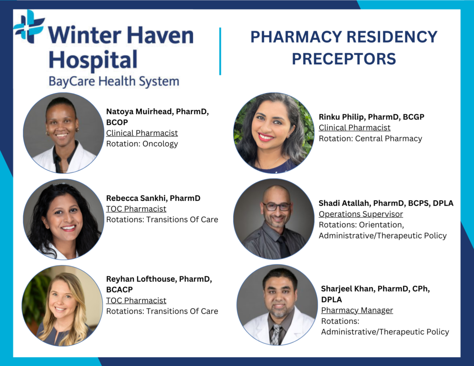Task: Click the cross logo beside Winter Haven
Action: point(29,26)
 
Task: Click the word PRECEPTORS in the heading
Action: point(344,59)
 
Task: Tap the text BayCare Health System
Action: point(114,81)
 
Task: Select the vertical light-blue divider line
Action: point(220,51)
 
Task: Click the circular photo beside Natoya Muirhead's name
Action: point(63,133)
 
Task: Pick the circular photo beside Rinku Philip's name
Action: point(274,133)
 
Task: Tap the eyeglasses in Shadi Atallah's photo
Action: point(277,207)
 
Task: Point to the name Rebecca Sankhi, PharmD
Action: point(153,198)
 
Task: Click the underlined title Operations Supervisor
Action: point(361,214)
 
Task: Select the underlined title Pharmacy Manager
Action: point(357,310)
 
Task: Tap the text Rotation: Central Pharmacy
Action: point(370,139)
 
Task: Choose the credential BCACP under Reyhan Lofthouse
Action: point(119,290)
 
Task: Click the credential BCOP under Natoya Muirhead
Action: point(117,123)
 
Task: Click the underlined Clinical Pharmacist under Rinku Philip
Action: point(355,128)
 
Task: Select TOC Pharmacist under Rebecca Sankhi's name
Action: point(136,209)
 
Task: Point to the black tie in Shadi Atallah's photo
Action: point(284,246)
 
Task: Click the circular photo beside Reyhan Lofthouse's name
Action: point(62,305)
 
